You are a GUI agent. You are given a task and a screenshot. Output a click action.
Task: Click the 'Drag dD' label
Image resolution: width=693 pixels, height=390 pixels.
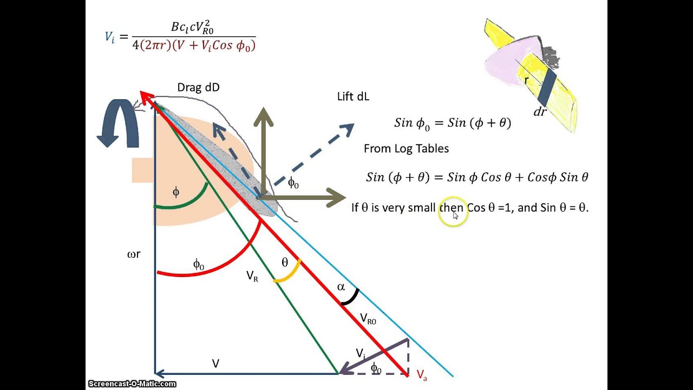(198, 88)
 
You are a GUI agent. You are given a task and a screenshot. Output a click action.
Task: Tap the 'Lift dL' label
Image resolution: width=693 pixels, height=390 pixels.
(353, 96)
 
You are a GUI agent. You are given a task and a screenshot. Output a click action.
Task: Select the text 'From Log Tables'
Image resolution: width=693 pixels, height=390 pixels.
(406, 148)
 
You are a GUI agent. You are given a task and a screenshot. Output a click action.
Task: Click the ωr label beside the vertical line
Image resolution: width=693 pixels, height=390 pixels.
(134, 254)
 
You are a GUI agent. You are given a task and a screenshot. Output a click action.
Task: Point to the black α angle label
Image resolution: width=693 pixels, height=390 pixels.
(341, 287)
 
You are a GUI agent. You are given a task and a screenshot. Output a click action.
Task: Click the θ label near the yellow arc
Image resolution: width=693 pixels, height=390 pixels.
(285, 263)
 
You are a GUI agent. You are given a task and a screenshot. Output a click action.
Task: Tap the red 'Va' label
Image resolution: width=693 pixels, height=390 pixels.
(422, 375)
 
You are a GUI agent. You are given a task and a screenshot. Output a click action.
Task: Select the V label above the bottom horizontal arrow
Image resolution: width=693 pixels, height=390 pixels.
(215, 363)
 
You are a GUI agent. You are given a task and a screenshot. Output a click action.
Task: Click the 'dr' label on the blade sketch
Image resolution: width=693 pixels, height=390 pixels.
(540, 112)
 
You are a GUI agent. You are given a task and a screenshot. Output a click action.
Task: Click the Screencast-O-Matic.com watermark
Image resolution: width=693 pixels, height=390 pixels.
(132, 384)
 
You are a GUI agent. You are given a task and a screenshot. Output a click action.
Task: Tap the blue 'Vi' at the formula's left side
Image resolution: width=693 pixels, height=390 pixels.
(110, 37)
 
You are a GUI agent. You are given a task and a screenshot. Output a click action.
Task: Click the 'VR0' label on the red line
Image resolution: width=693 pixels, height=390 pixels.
(368, 320)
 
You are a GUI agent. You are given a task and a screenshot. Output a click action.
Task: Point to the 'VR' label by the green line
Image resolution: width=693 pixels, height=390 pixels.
(252, 276)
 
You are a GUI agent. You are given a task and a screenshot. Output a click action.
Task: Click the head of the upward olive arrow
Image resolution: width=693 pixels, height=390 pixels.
(263, 117)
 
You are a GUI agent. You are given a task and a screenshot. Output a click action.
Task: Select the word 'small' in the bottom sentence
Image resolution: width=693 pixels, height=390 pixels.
(422, 207)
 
